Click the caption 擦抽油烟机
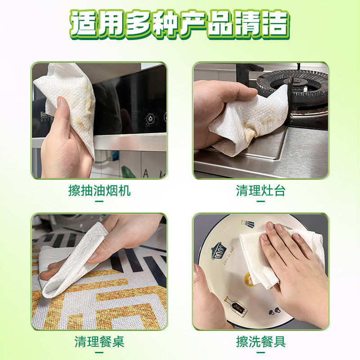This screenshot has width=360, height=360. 99,191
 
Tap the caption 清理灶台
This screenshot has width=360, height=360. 261,191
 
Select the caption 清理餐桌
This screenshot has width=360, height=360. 99,342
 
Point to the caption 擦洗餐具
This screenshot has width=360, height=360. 261,342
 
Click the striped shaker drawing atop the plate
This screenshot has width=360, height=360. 247,224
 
